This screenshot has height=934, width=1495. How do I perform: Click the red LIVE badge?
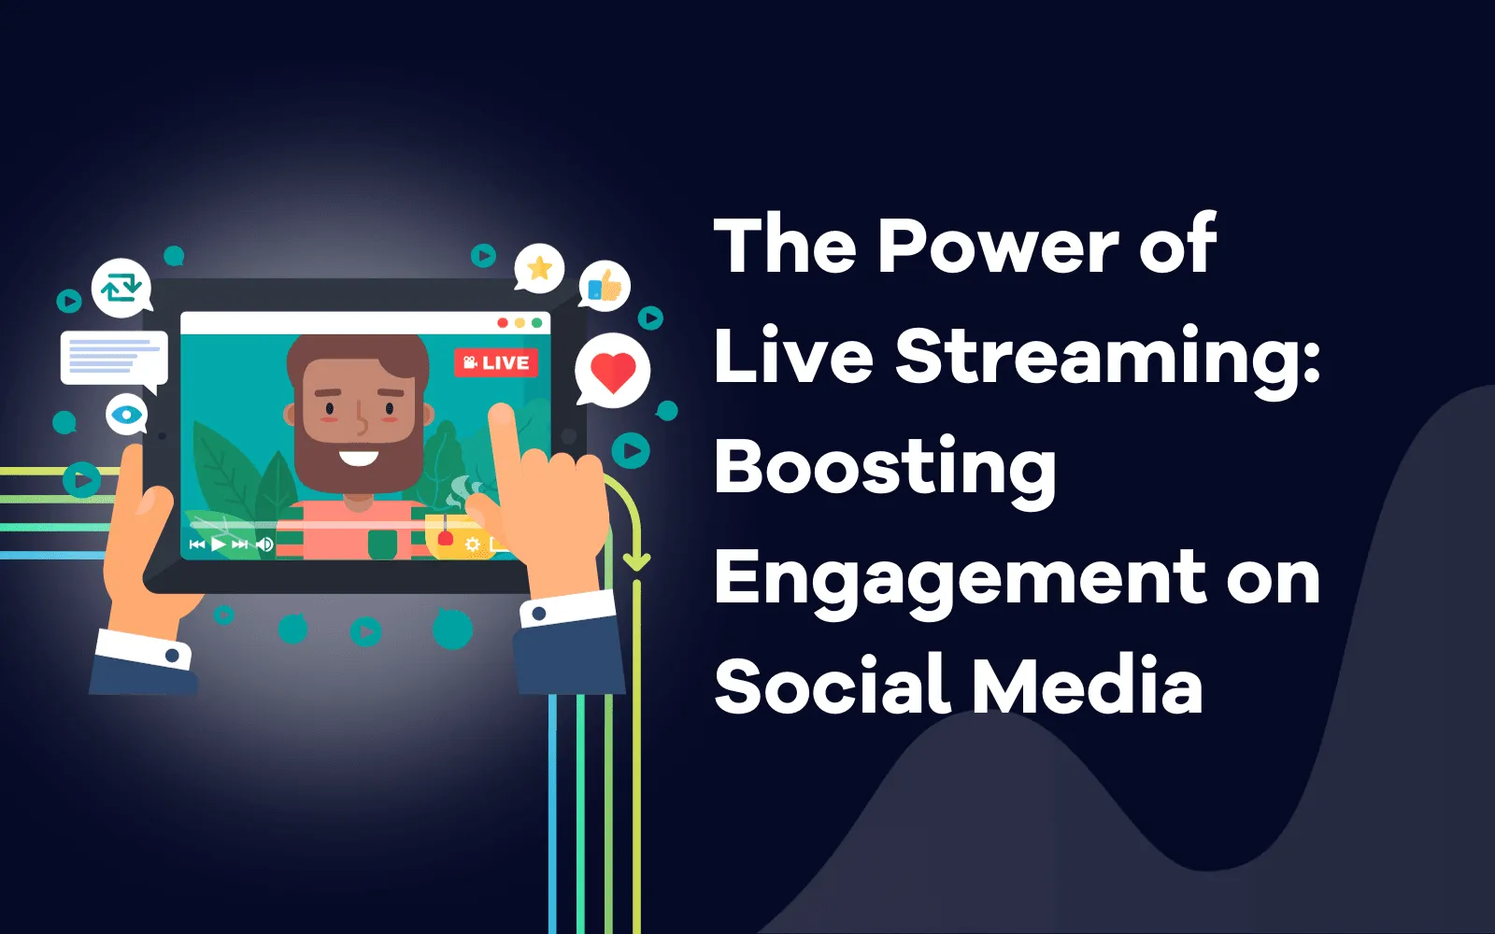(x=496, y=362)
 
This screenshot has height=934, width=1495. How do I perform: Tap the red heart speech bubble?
(x=612, y=372)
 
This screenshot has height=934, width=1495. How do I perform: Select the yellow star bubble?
(x=539, y=269)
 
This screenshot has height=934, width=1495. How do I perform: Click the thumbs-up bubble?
(x=605, y=286)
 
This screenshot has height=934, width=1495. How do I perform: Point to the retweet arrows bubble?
(x=121, y=287)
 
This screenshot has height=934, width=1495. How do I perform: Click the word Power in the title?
(x=998, y=245)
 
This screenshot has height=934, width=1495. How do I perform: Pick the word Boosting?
(x=886, y=468)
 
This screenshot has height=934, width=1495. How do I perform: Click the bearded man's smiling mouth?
(x=358, y=458)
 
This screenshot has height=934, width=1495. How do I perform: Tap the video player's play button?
(x=219, y=544)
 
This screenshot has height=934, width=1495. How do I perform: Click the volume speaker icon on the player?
(x=264, y=544)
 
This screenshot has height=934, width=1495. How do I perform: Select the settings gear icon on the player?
(x=473, y=544)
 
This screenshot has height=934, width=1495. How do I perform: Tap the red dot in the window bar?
(x=503, y=323)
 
